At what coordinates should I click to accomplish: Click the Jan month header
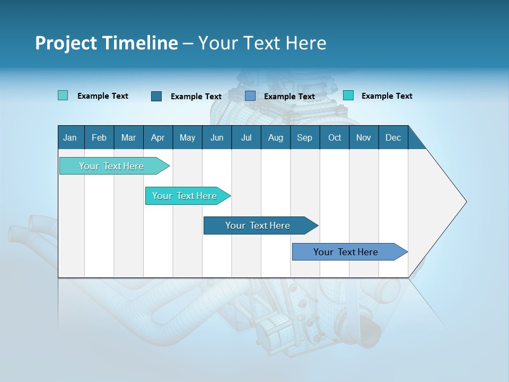[x=70, y=137]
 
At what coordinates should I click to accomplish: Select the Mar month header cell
[x=128, y=137]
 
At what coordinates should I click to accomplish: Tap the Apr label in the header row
[x=157, y=137]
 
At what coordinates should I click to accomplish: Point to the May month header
[x=187, y=137]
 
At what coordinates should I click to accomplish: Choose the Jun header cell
[x=217, y=137]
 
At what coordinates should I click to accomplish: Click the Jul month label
[x=246, y=137]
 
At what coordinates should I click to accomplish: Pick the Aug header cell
[x=276, y=137]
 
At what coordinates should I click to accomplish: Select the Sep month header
[x=305, y=137]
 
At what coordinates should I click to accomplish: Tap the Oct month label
[x=335, y=137]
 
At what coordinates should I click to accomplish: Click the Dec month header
[x=393, y=137]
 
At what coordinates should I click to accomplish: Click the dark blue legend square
[x=156, y=96]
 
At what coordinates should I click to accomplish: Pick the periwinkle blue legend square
[x=250, y=96]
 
